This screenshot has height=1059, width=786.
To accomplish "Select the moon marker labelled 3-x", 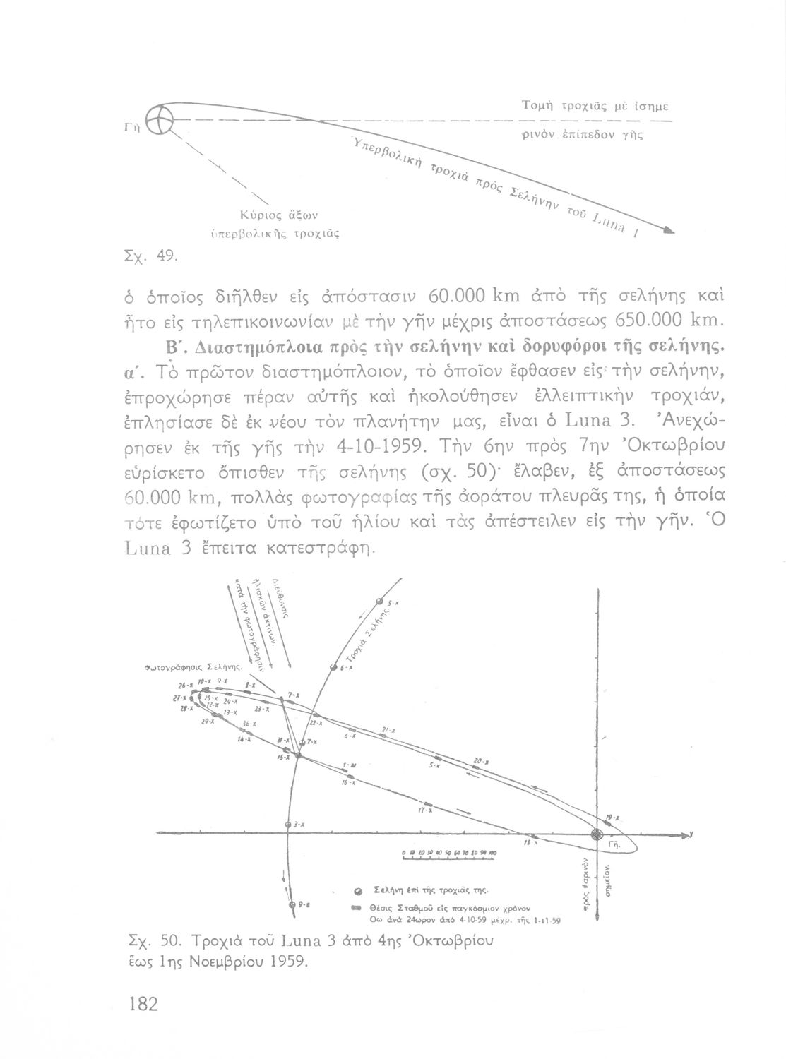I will click(x=288, y=825).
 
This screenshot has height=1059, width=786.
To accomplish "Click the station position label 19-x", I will click(x=612, y=818).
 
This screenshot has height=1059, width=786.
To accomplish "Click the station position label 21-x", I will click(x=387, y=730).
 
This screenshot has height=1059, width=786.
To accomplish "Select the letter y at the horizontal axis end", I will click(x=692, y=834).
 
